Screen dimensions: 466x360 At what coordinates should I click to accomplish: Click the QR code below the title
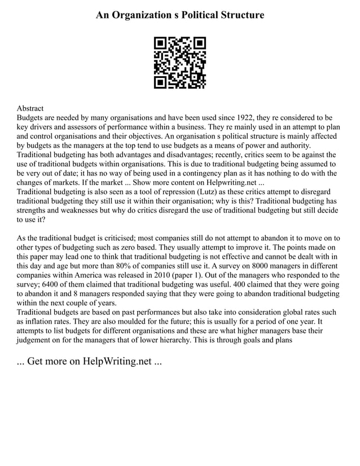pyautogui.click(x=179, y=63)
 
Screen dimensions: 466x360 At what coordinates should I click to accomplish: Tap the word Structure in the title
pyautogui.click(x=236, y=15)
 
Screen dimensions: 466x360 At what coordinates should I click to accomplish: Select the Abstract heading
pyautogui.click(x=30, y=108)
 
